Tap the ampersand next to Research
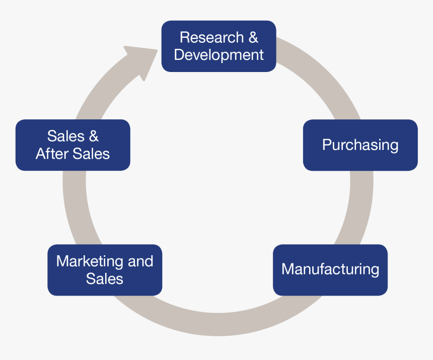click(253, 38)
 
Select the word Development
click(219, 55)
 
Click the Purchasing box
click(360, 145)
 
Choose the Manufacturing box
click(330, 269)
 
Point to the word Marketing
click(90, 261)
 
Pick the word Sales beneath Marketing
click(105, 278)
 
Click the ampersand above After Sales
click(93, 136)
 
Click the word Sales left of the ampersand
click(65, 136)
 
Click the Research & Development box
click(219, 46)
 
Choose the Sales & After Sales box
click(73, 145)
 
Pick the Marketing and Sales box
click(105, 270)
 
